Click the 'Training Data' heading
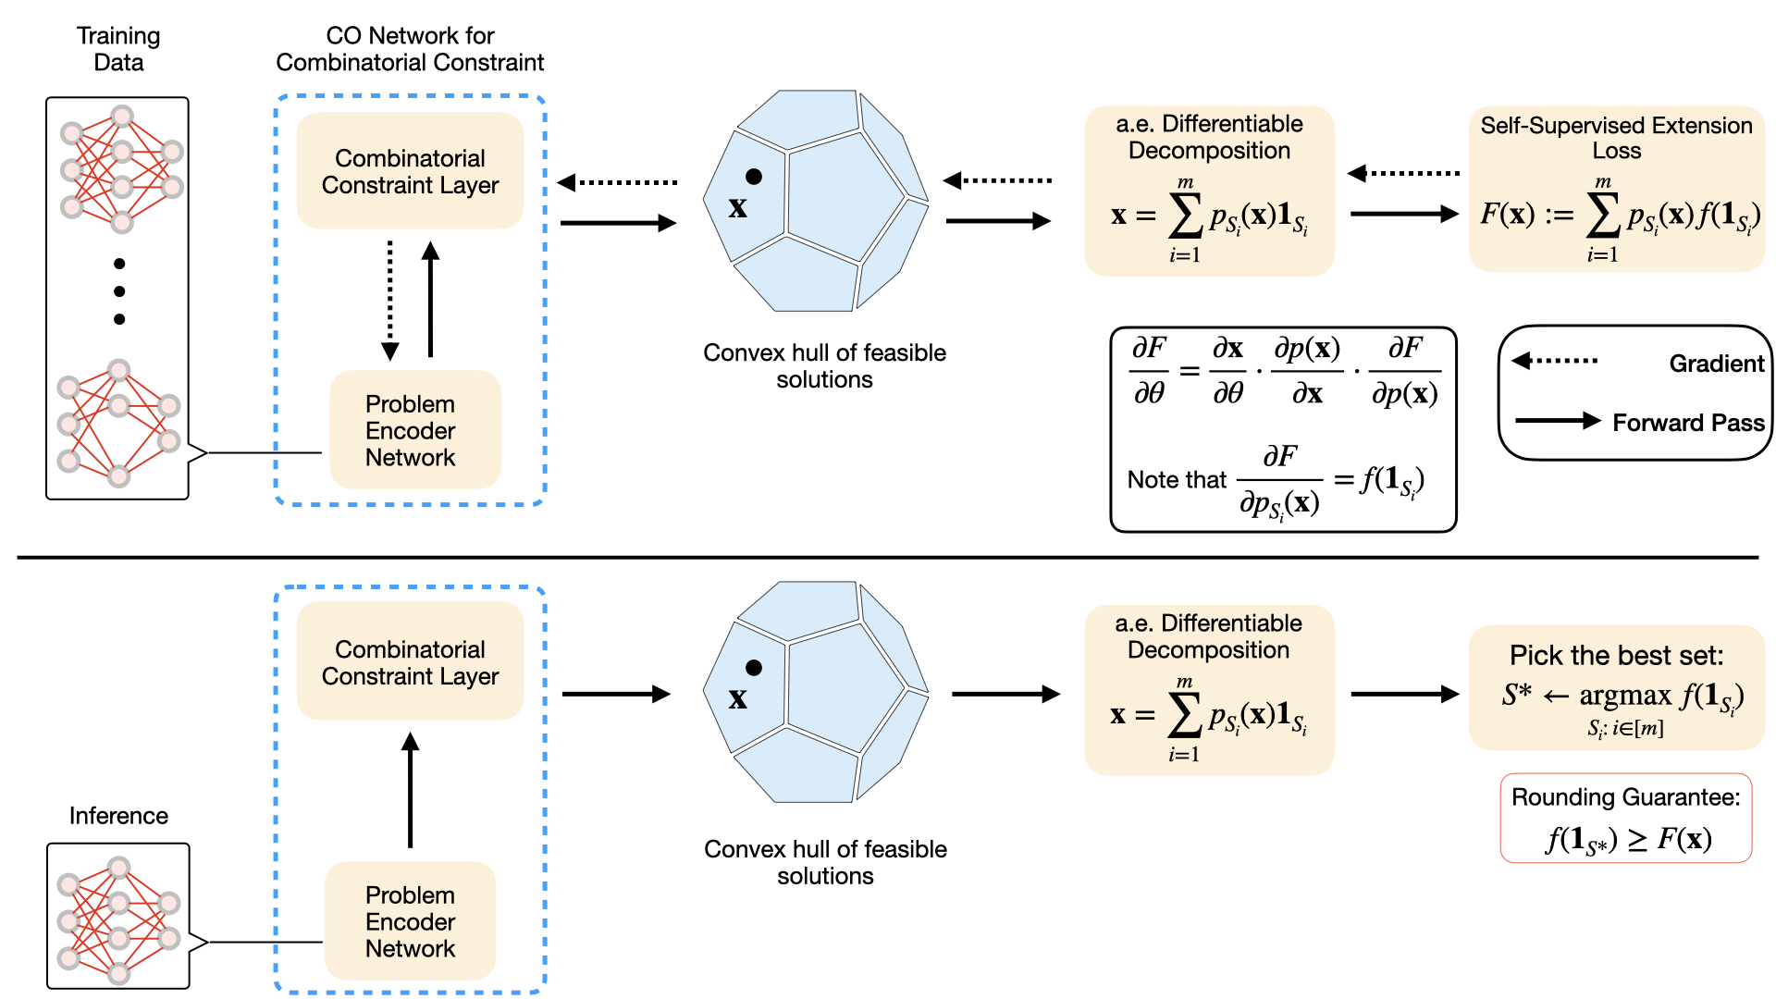118,49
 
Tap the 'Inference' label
118,816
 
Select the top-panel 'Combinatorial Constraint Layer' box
410,171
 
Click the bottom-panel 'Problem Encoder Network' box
410,921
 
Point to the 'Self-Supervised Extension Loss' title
1616,138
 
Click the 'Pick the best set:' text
1616,656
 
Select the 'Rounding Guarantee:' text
1625,797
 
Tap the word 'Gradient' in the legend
1716,364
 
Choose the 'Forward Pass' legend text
1688,423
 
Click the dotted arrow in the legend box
1555,361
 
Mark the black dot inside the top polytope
754,177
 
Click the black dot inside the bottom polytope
754,668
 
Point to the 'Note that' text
1176,479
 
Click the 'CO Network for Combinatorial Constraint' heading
410,49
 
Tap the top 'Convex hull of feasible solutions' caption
824,366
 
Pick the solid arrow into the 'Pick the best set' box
1404,694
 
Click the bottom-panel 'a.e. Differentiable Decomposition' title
1208,636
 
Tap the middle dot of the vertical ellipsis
119,291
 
